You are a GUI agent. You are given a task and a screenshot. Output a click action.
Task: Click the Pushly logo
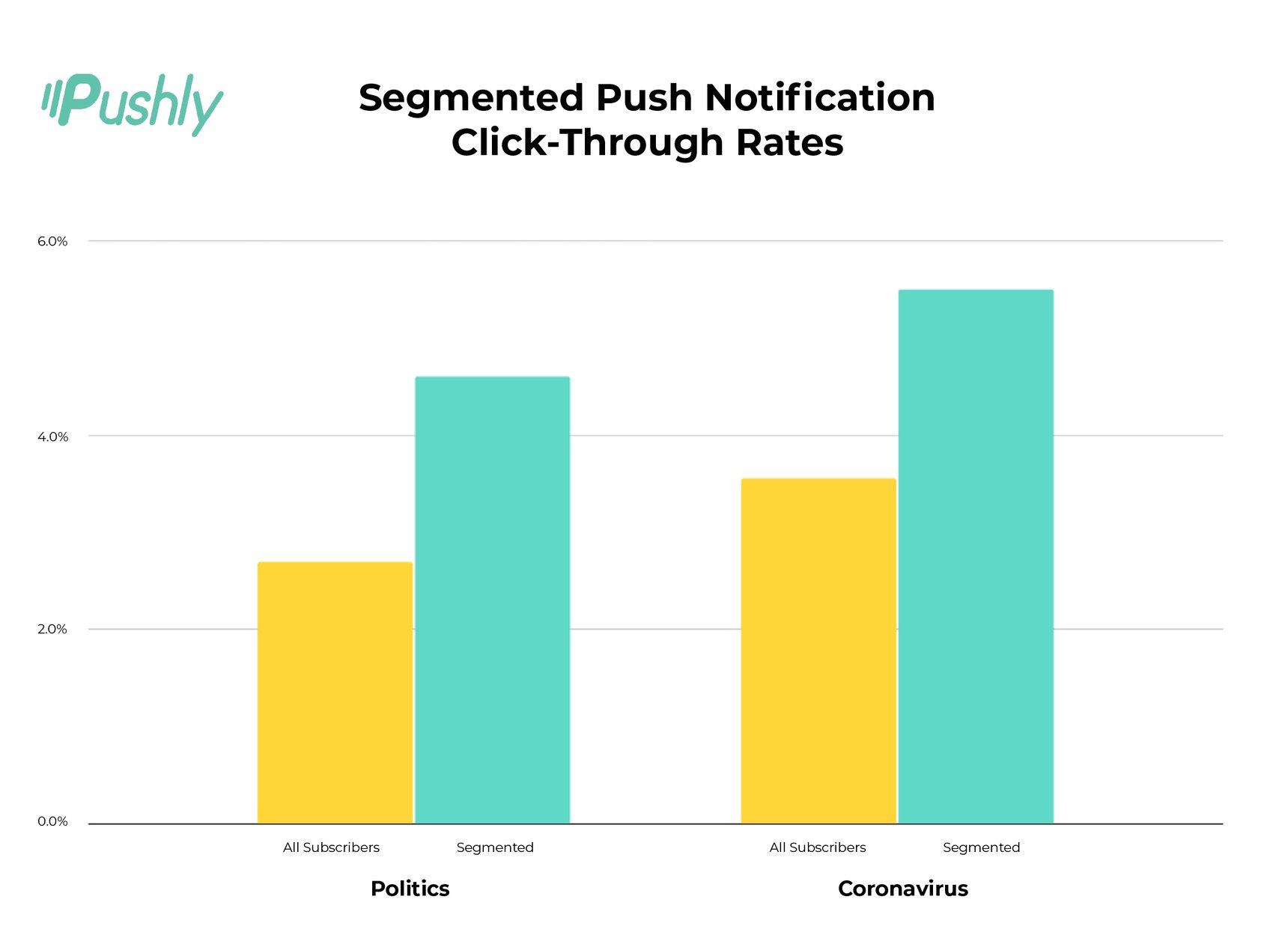coord(133,104)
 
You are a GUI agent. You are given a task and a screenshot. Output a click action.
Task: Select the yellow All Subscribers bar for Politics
coord(335,692)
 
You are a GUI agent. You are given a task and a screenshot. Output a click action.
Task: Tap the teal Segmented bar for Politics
coord(492,600)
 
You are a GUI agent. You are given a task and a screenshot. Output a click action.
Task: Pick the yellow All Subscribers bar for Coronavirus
coord(818,651)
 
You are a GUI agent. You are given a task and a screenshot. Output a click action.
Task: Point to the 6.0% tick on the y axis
coord(52,241)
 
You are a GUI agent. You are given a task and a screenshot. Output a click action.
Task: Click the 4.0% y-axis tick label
coord(52,436)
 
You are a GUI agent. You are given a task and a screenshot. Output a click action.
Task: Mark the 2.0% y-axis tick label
coord(52,629)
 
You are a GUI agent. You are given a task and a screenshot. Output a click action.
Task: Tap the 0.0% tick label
coord(52,821)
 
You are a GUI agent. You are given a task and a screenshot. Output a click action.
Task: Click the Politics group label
coord(410,889)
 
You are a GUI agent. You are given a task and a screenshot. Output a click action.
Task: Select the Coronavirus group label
coord(902,889)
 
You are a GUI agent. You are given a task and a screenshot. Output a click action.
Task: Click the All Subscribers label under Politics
coord(331,847)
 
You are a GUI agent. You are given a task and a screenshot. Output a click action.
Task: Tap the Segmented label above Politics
coord(495,847)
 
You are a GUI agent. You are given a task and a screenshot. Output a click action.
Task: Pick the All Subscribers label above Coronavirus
coord(817,847)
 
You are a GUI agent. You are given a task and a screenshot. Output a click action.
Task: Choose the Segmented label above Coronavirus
coord(981,847)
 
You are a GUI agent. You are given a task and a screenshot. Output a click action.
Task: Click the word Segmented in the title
coord(471,98)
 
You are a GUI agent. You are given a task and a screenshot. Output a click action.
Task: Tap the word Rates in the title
coord(789,142)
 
